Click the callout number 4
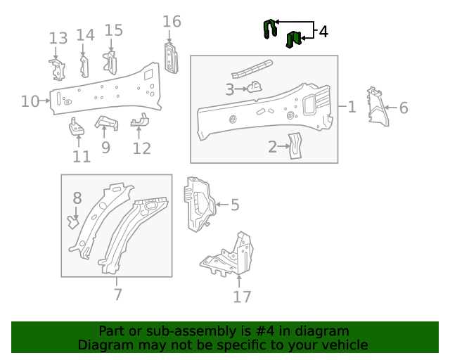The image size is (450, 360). point(323,32)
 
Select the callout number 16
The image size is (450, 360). point(172,22)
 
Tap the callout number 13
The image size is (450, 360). point(58,38)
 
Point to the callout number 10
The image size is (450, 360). point(30,101)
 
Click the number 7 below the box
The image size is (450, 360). point(117,295)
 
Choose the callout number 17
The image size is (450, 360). point(242,297)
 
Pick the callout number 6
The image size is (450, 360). point(404,108)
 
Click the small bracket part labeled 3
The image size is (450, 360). point(254,87)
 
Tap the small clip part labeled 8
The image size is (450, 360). point(72,222)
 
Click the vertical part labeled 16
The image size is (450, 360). point(171,58)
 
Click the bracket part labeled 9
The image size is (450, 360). point(105,123)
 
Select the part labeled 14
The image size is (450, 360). point(84,66)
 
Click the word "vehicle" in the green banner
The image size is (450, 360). point(342,345)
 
